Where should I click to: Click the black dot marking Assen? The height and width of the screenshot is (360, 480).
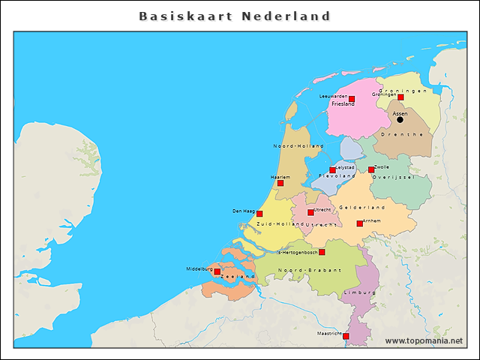[x=400, y=119]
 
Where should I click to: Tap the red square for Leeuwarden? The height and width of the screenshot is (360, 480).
[x=352, y=99]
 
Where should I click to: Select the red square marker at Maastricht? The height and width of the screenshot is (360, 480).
[x=346, y=336]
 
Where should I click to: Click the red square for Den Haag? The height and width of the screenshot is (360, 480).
[x=259, y=214]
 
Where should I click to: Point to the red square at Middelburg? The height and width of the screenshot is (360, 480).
[x=217, y=271]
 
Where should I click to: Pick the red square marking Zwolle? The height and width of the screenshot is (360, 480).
[x=370, y=169]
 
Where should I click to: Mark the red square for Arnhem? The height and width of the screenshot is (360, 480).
[x=359, y=223]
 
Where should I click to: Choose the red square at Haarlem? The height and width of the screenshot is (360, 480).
[x=280, y=182]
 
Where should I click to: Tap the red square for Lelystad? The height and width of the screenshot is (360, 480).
[x=333, y=170]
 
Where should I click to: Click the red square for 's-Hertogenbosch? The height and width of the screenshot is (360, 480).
[x=322, y=252]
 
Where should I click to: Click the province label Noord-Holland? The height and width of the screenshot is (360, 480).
[x=298, y=145]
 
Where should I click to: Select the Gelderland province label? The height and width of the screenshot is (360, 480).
[x=361, y=207]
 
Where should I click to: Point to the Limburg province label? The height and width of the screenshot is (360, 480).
[x=355, y=292]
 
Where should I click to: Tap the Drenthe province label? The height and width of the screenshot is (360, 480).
[x=397, y=134]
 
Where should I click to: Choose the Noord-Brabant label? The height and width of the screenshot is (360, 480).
[x=309, y=269]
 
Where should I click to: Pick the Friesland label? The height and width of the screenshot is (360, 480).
[x=343, y=104]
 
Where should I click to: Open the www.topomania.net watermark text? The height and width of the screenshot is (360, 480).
[x=424, y=340]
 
